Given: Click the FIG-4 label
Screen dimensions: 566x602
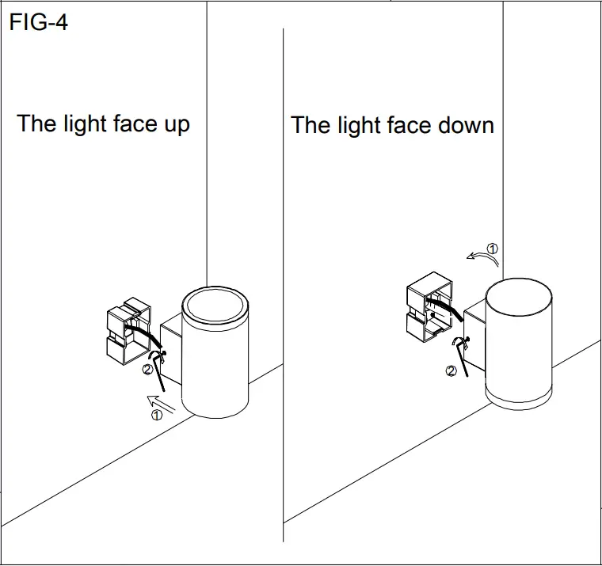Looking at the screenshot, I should click(x=39, y=22).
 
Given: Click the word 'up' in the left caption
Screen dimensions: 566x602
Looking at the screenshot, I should click(x=177, y=124).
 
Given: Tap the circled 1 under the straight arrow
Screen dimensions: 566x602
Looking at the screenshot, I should click(x=156, y=414).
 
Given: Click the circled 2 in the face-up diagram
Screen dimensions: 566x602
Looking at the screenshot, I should click(x=147, y=369).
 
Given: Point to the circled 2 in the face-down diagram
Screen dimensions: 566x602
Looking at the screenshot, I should click(x=451, y=370).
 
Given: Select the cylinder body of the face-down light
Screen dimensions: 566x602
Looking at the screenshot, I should click(x=518, y=340).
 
